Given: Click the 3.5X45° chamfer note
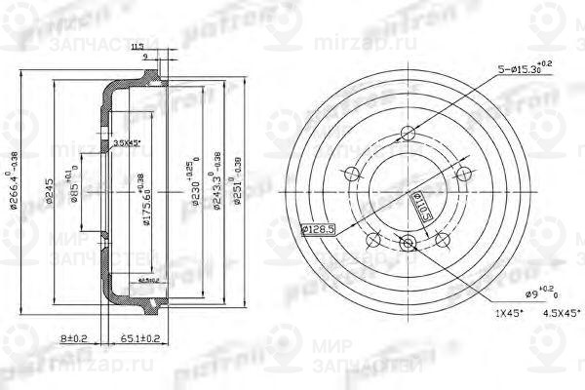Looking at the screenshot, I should pyautogui.click(x=127, y=143).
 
